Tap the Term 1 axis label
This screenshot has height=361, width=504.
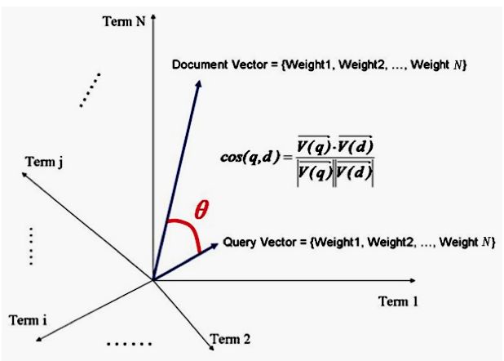399,301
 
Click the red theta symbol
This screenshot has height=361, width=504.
202,211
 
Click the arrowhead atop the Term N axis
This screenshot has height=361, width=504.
153,14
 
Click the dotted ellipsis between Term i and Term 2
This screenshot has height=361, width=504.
129,345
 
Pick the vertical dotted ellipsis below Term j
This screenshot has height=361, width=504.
30,245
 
